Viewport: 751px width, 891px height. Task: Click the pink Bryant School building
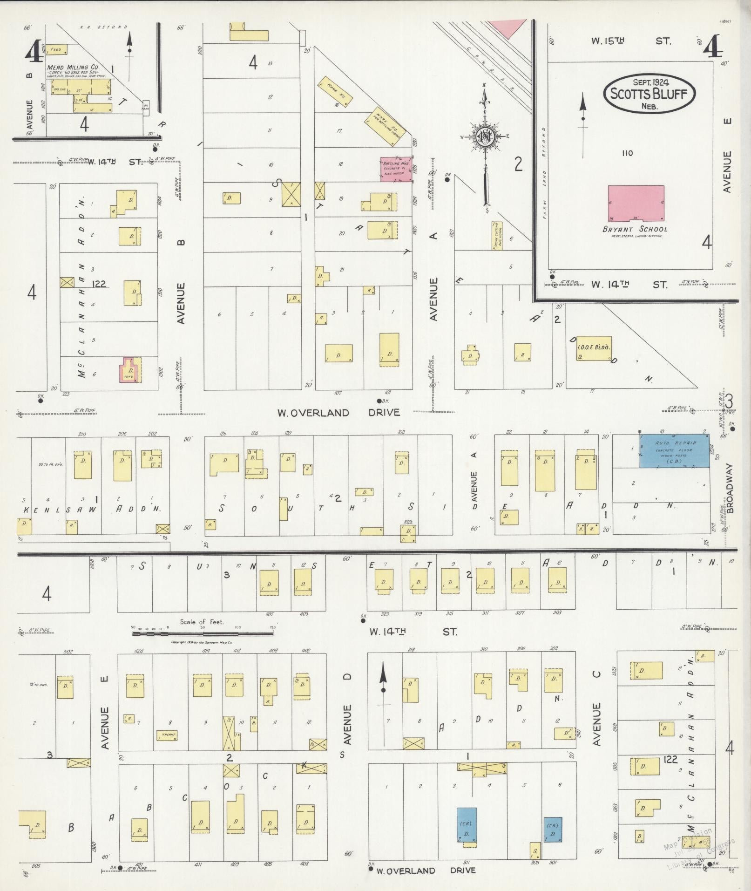tap(636, 203)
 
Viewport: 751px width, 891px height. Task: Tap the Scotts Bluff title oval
tap(649, 94)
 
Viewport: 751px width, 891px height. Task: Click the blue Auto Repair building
tap(675, 451)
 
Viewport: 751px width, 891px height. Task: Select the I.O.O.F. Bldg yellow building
tap(594, 348)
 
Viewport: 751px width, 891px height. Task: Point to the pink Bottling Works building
tap(396, 169)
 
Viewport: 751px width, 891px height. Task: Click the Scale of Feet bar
tap(203, 633)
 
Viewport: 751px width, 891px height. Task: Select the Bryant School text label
tap(635, 229)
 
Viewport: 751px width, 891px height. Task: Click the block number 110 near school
tap(627, 153)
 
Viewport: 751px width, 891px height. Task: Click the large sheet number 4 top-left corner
tap(34, 51)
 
